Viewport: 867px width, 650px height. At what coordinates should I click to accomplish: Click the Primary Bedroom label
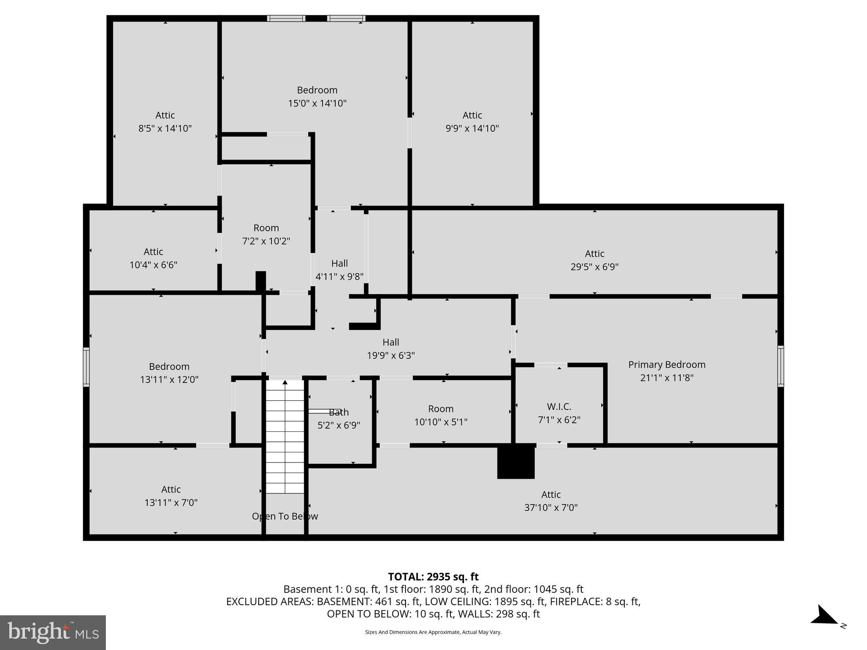click(666, 365)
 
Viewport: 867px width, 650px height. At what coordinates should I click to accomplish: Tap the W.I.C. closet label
click(559, 407)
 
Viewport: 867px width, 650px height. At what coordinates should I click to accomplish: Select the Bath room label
click(339, 412)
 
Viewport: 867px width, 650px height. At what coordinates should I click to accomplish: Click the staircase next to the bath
click(285, 436)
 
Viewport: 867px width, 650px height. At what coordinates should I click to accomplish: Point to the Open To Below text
click(285, 516)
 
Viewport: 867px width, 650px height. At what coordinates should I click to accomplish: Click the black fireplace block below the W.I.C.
click(516, 461)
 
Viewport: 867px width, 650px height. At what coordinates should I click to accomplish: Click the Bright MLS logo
click(53, 632)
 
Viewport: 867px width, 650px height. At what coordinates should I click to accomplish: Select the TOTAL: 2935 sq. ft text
click(433, 577)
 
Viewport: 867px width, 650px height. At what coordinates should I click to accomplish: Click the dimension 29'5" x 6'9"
click(594, 267)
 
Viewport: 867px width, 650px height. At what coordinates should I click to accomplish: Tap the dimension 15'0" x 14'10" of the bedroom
click(317, 103)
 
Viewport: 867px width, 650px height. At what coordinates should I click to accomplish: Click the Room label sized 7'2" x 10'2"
click(266, 228)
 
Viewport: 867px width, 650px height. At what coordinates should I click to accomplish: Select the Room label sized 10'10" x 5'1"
click(441, 409)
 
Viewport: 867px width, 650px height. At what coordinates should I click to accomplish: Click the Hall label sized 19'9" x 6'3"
click(390, 342)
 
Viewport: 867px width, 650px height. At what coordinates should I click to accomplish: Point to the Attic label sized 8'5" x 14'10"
click(165, 115)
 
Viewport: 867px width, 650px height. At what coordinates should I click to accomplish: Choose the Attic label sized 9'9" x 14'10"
click(472, 115)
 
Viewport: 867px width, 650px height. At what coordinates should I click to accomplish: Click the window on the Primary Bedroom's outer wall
click(780, 366)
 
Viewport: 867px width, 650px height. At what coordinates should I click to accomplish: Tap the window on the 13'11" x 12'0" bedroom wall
click(86, 367)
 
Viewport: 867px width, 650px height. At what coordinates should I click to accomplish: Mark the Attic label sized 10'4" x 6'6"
click(153, 252)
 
